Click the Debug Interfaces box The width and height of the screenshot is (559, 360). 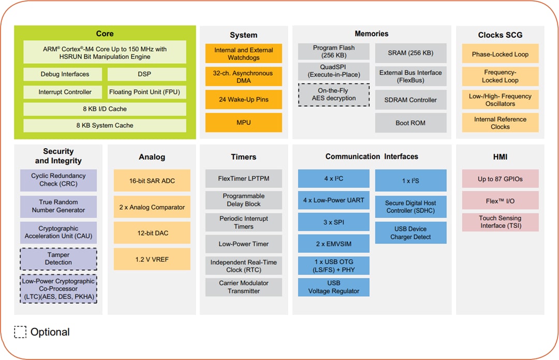tap(65, 74)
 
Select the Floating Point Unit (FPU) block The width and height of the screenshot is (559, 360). tap(146, 92)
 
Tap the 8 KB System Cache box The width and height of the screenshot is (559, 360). tap(105, 125)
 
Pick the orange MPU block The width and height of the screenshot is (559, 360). tap(243, 123)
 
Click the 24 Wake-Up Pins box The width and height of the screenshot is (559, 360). tap(243, 99)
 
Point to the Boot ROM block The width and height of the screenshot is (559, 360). tap(410, 123)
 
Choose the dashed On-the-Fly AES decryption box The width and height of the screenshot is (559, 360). tap(333, 95)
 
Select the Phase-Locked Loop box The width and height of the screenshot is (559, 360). tap(500, 54)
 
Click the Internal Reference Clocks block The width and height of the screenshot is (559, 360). tap(500, 123)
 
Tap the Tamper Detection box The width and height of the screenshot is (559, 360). tap(58, 258)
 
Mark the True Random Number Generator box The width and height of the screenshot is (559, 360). tap(58, 206)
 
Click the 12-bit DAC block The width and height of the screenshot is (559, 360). tap(152, 233)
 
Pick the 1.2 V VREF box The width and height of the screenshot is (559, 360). tap(152, 259)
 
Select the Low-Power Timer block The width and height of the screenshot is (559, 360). tap(243, 244)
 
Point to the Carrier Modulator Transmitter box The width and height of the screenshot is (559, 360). tap(243, 287)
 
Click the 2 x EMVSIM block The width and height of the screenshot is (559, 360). tap(333, 243)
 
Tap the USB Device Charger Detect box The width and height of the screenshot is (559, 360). tap(410, 233)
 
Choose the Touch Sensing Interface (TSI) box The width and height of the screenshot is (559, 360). tap(500, 222)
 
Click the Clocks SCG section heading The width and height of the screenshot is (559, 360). tap(500, 35)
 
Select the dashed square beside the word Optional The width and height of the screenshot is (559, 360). tap(20, 332)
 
